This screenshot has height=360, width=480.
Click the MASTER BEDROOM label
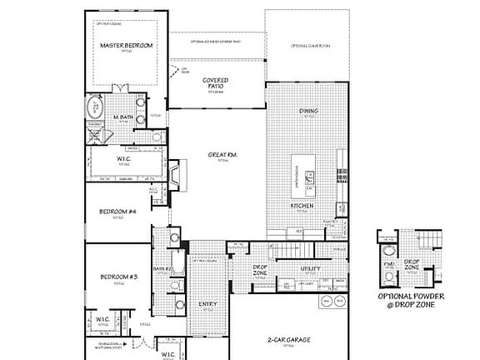pos(127,46)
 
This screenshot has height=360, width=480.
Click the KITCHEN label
pos(302,205)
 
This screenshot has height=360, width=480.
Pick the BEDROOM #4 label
pos(118,212)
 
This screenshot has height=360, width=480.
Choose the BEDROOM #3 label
pos(118,277)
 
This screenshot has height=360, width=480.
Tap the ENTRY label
pos(207,304)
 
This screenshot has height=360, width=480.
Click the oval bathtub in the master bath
pos(95,107)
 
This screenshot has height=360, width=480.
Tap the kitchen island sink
pos(309,176)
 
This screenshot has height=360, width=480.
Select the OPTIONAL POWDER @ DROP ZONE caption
pos(411,300)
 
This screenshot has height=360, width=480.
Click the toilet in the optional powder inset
pos(388,253)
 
